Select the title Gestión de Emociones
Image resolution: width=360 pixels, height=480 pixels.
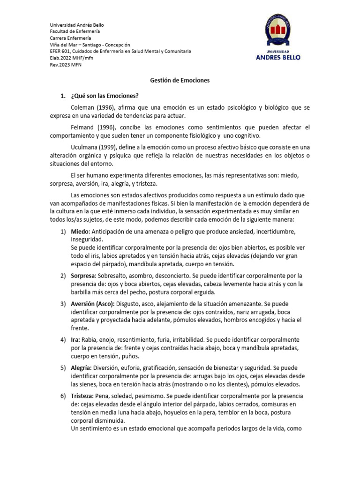[x=180, y=80]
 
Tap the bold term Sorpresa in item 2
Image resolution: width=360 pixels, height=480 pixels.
[x=83, y=275]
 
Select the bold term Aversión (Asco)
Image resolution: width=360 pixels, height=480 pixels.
[x=93, y=304]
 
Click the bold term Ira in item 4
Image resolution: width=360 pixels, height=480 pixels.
[x=75, y=339]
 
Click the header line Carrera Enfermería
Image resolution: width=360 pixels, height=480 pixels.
[x=71, y=38]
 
